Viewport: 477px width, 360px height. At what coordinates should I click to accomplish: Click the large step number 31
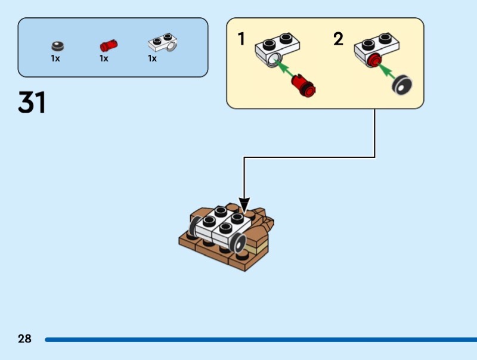pos(32,103)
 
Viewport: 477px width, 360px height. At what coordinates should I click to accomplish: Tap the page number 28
pos(24,339)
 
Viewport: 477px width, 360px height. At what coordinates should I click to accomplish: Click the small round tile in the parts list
pos(57,45)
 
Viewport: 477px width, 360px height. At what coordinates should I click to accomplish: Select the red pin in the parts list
pos(108,45)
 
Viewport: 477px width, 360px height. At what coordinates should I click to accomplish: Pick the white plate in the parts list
pos(163,43)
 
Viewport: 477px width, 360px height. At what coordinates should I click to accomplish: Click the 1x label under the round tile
pos(55,58)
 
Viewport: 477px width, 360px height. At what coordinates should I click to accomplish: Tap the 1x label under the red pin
pos(104,58)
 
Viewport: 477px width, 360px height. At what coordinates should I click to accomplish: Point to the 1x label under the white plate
pos(153,58)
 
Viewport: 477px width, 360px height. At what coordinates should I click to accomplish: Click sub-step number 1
pos(241,39)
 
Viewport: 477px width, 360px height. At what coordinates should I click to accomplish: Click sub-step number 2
pos(338,39)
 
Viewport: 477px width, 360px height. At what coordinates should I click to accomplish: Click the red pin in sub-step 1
pos(305,86)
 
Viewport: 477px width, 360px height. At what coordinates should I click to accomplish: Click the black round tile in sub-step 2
pos(403,86)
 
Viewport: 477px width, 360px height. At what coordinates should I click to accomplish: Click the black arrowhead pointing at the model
pos(244,204)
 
